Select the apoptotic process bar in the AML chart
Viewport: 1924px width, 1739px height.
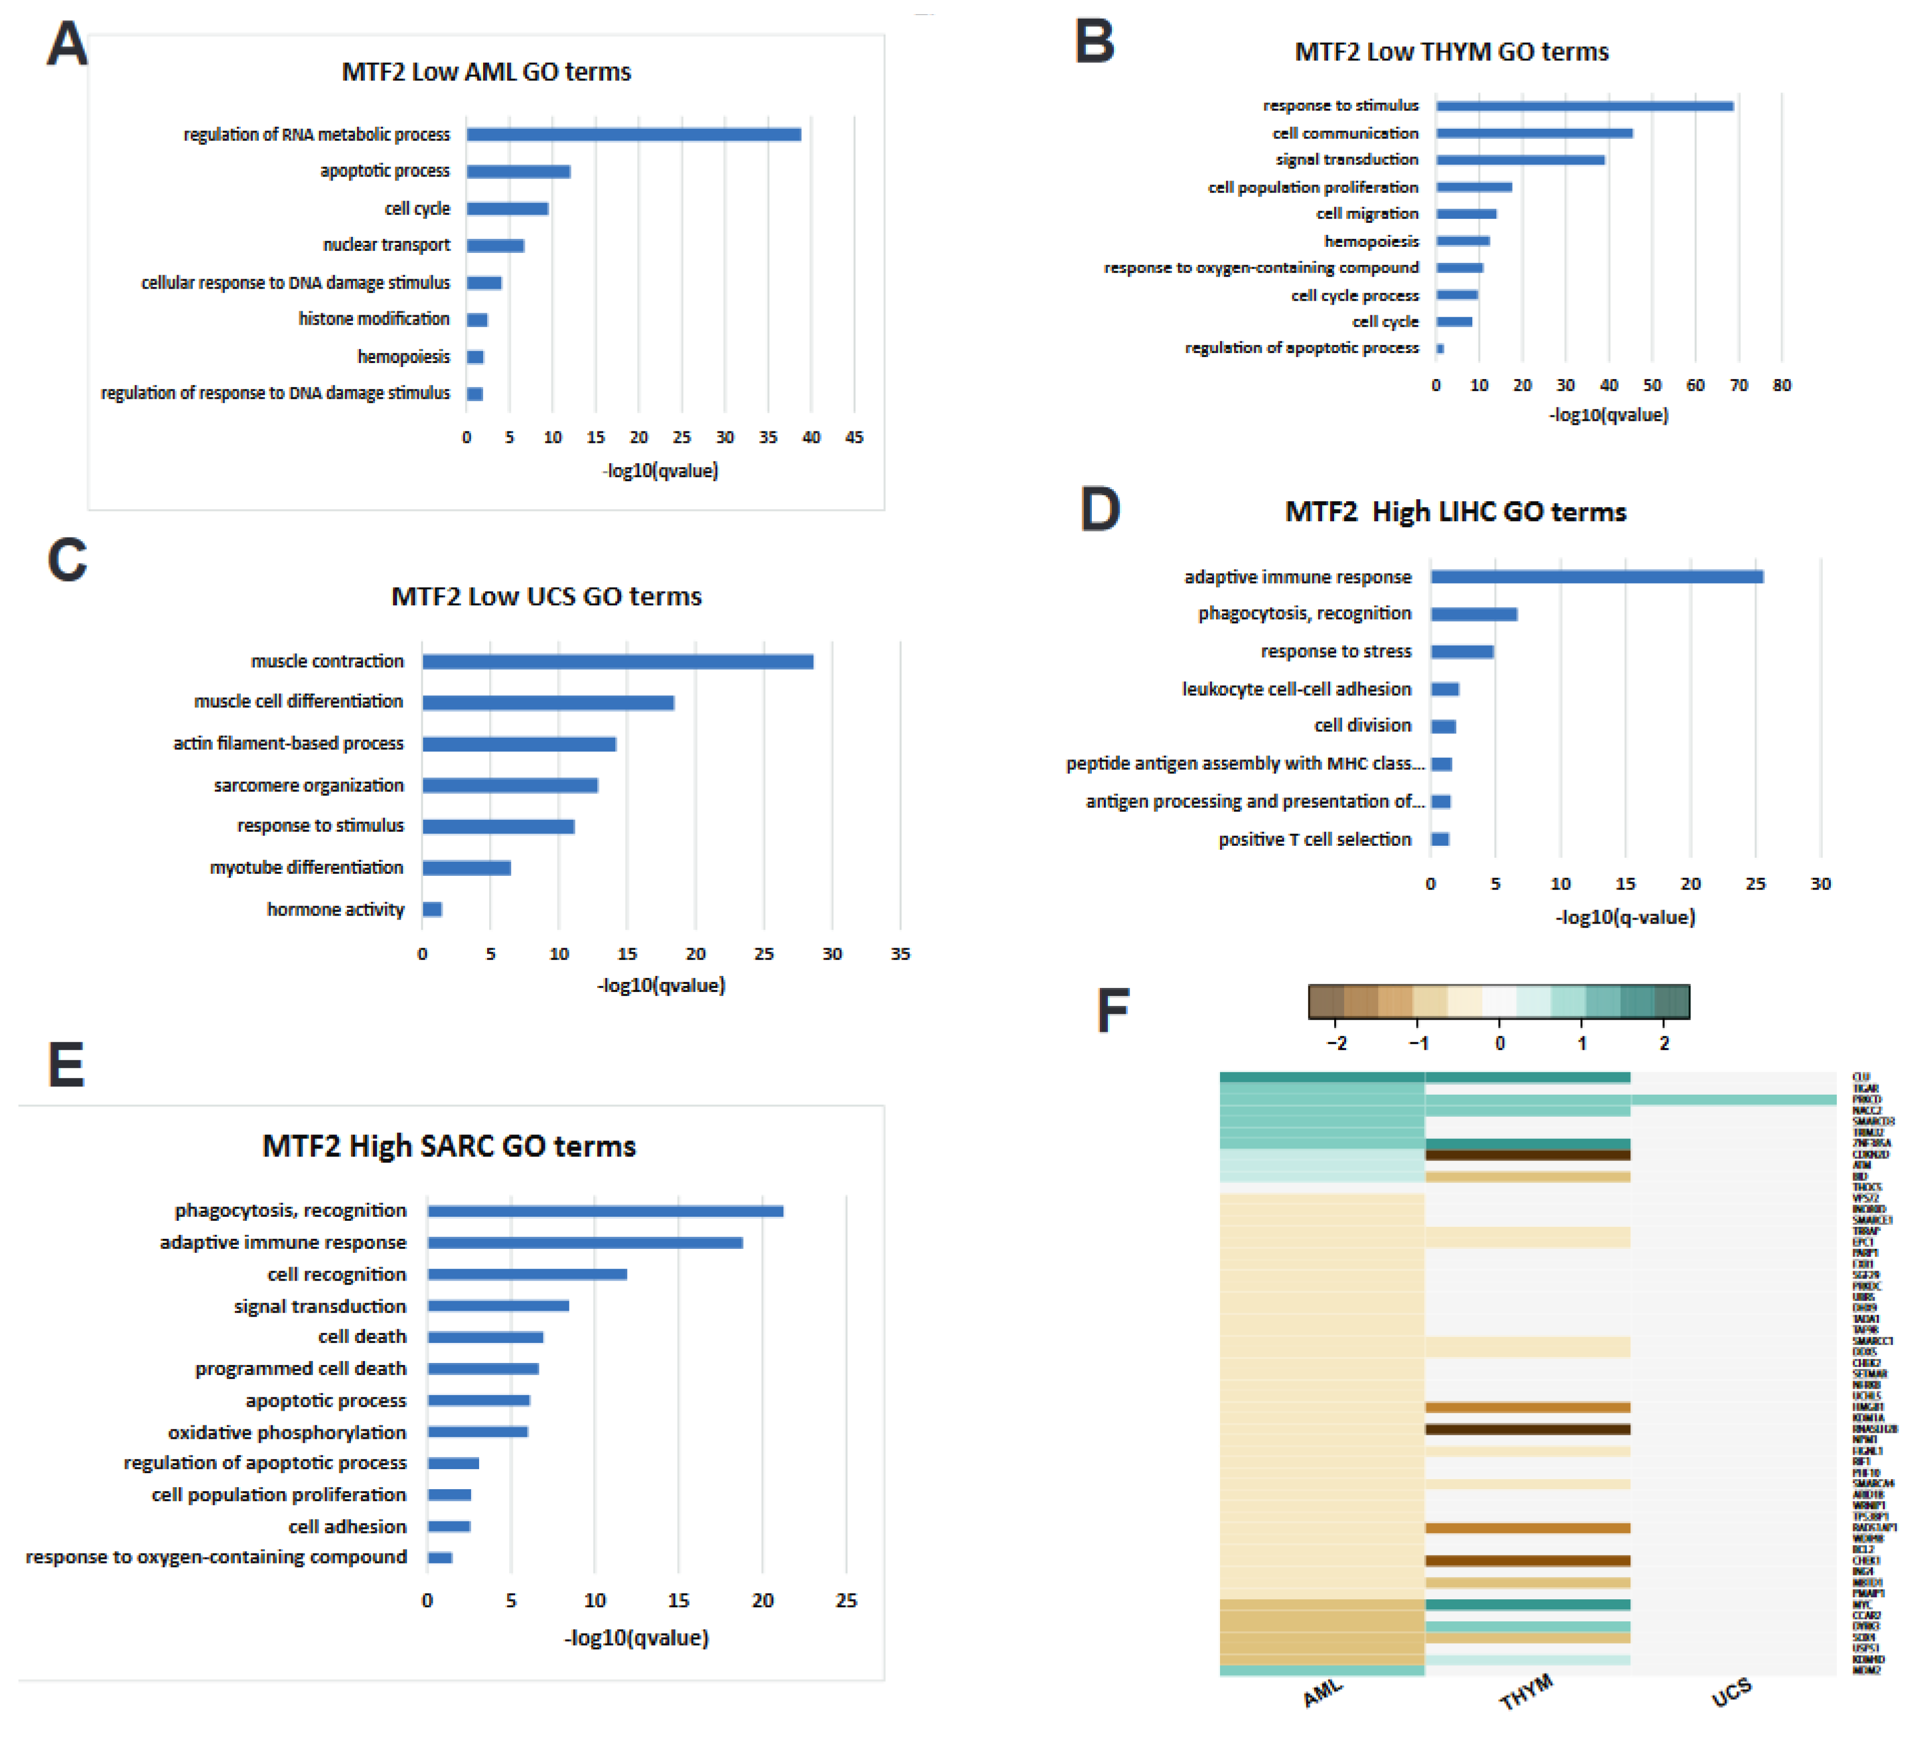tap(518, 172)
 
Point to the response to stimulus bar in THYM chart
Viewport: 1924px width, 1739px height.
tap(1584, 106)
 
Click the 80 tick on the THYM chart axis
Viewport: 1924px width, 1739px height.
tap(1781, 386)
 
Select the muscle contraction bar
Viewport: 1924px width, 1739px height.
tap(617, 661)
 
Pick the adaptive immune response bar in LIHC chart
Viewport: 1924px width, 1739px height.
tap(1596, 577)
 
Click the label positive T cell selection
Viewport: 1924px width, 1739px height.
tap(1314, 839)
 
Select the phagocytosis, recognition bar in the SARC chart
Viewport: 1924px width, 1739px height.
tap(605, 1211)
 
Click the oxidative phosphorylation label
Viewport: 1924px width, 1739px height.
tap(286, 1432)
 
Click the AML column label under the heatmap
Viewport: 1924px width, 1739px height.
tap(1323, 1693)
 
